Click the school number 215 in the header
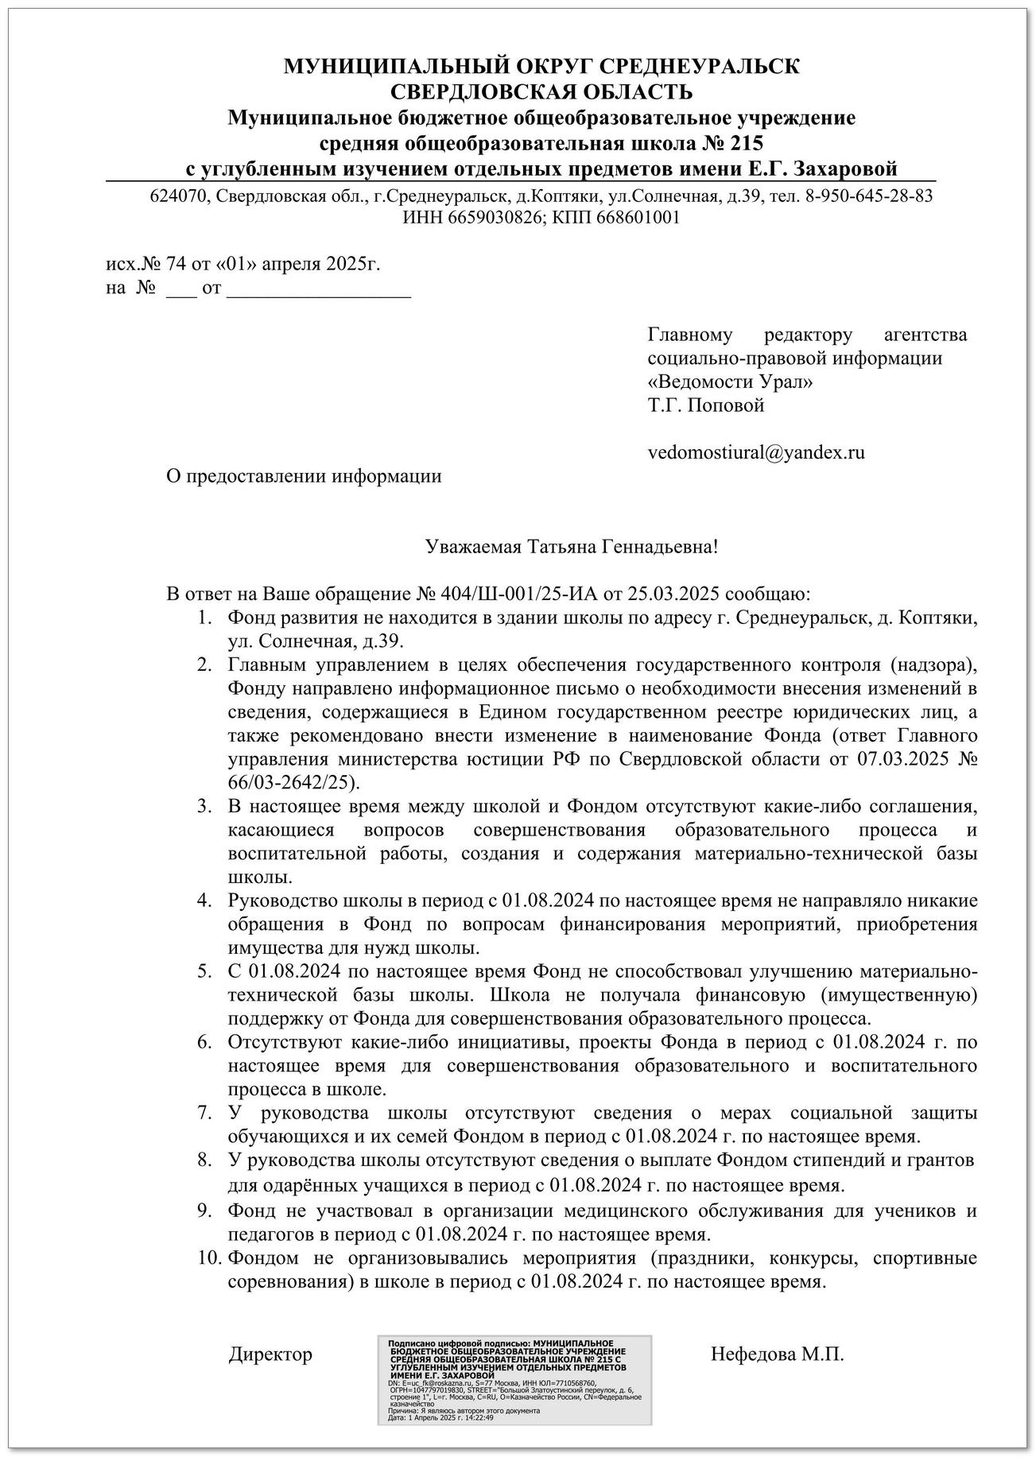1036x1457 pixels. point(746,143)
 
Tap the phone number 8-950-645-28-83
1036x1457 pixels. point(869,196)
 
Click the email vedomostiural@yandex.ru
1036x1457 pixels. point(756,453)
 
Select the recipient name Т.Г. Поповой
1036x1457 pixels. point(706,405)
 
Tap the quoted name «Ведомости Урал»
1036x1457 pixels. point(731,382)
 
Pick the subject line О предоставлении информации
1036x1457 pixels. point(303,476)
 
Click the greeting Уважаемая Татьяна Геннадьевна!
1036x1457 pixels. point(572,547)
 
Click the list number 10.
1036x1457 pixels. point(208,1258)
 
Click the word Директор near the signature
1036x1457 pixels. point(270,1354)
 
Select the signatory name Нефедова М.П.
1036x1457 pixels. point(777,1354)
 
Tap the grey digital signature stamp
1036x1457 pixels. point(514,1367)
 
